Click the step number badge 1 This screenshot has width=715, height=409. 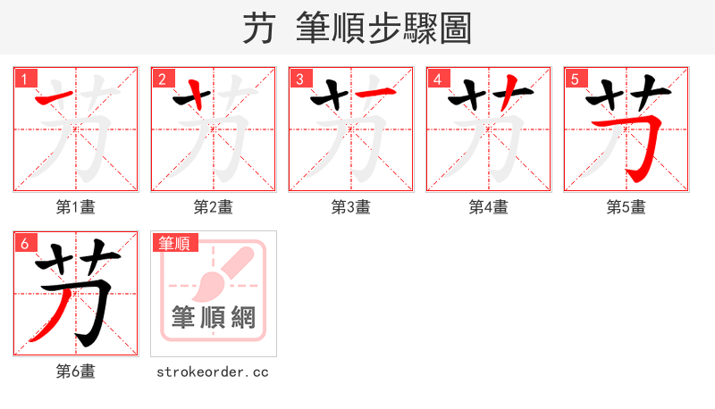pos(24,79)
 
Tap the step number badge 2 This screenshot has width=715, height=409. pos(162,79)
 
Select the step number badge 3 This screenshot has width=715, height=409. pos(299,79)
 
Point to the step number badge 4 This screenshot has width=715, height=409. pos(437,79)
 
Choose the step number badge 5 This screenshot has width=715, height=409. pos(575,79)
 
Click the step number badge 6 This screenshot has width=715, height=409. pos(24,242)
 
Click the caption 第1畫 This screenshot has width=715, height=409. pos(75,207)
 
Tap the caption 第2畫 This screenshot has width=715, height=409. pos(213,207)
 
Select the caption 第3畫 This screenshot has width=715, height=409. pos(350,207)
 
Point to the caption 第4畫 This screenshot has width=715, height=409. pos(488,207)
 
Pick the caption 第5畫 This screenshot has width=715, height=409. pos(626,207)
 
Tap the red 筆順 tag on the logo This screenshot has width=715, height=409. pos(175,243)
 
